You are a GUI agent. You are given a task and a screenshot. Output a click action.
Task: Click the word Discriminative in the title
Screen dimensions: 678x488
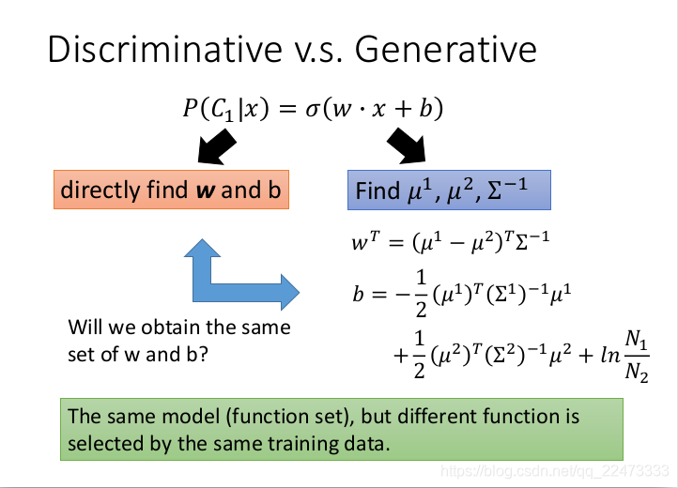click(165, 50)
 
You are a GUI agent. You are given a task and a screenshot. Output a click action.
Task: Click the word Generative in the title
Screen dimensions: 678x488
click(446, 50)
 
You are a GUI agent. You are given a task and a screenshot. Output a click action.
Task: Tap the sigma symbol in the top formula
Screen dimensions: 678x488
click(312, 110)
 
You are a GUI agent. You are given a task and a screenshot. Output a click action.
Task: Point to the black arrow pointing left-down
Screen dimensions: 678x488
click(216, 146)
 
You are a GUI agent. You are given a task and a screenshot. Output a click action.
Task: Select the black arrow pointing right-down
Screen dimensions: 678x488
click(408, 146)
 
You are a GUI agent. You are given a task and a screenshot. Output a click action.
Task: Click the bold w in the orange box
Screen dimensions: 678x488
click(206, 191)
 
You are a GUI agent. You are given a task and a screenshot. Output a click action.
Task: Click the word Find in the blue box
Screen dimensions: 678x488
click(378, 191)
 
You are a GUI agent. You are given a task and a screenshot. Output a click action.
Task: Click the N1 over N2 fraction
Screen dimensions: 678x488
click(637, 357)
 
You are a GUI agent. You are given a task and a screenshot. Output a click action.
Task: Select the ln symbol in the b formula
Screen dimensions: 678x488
click(610, 356)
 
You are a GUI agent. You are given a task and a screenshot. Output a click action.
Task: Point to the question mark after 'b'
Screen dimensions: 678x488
click(203, 355)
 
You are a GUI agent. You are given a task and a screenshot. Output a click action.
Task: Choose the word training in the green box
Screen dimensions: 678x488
click(300, 444)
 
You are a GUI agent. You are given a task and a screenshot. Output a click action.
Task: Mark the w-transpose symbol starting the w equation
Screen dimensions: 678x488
click(365, 241)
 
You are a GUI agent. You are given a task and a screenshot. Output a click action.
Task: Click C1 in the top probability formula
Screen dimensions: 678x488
click(223, 110)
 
